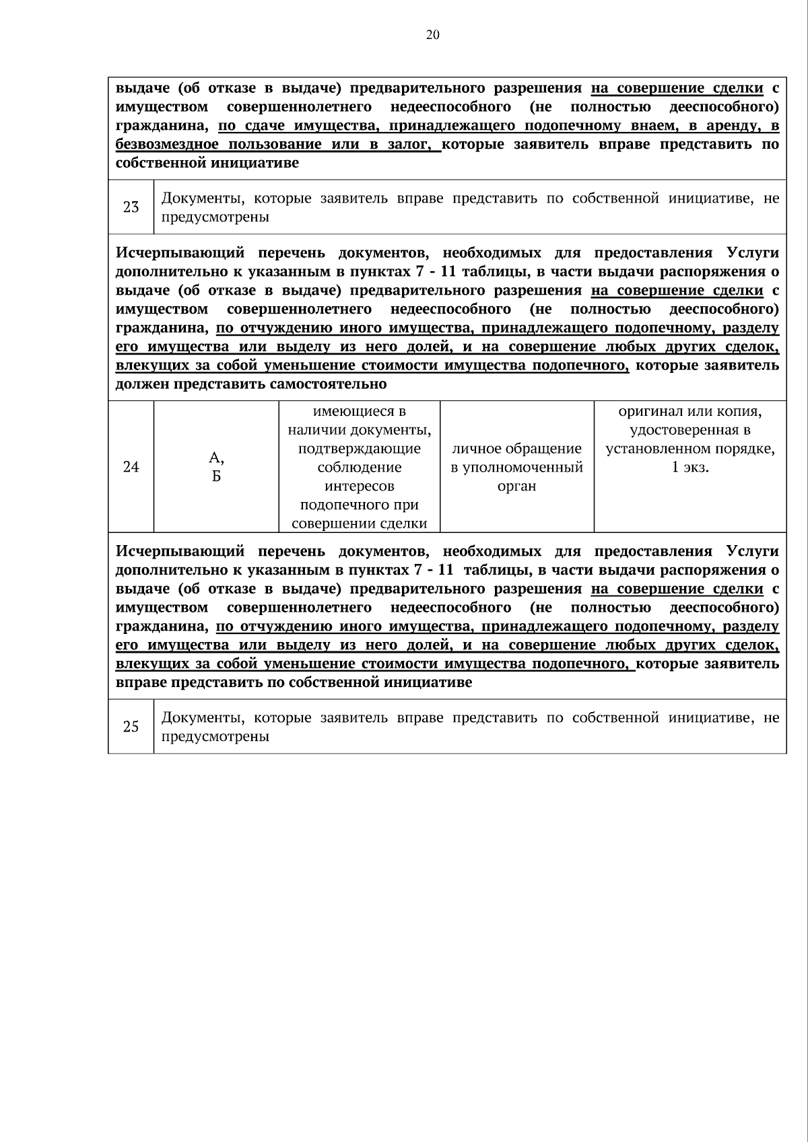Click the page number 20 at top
point(432,36)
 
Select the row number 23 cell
point(131,207)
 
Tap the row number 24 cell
point(131,466)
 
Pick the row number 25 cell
point(131,727)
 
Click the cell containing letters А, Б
point(216,467)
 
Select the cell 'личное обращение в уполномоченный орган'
point(516,467)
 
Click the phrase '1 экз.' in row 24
point(690,467)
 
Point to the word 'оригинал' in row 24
point(646,411)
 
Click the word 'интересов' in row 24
point(359,486)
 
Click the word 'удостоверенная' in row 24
point(689,430)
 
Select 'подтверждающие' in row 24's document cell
point(359,449)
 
